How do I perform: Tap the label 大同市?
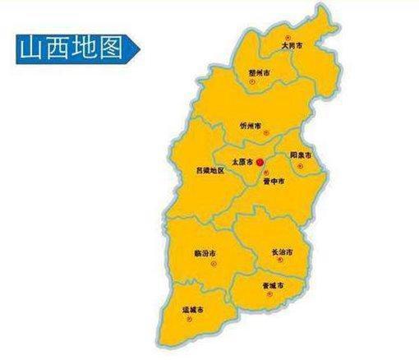[x=291, y=46]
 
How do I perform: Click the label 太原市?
[x=242, y=161]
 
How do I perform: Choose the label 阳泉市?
[x=300, y=155]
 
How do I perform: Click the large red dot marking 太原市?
[x=259, y=161]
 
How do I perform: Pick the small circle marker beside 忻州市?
[x=265, y=127]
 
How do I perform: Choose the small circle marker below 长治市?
[x=281, y=260]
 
